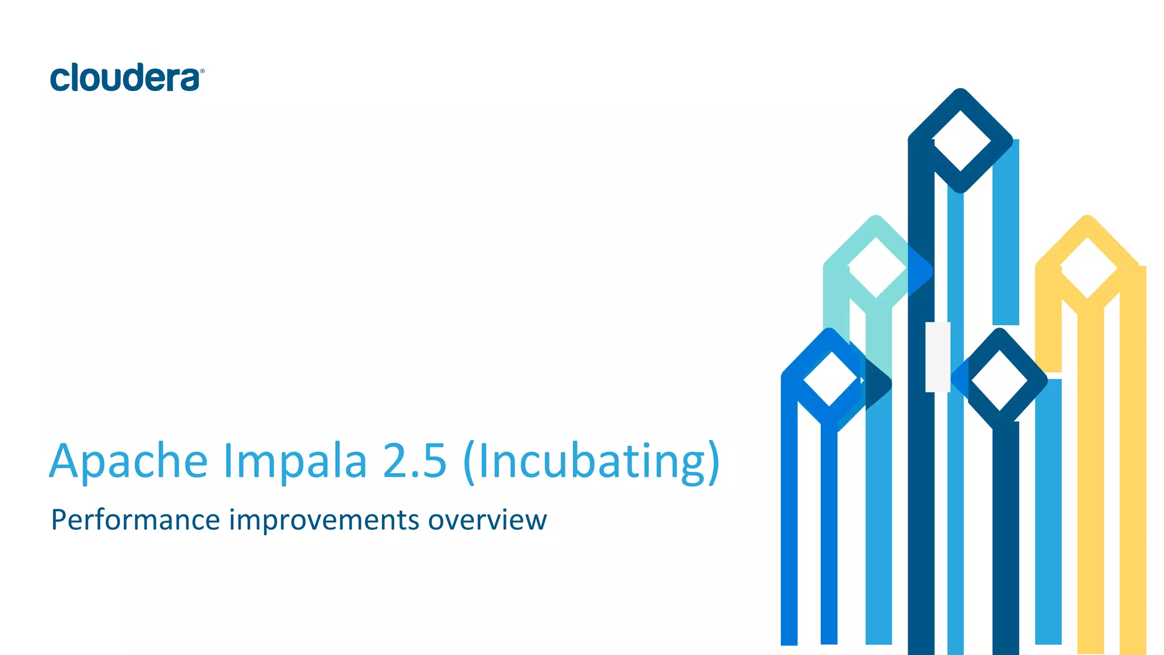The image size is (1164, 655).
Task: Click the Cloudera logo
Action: pyautogui.click(x=126, y=78)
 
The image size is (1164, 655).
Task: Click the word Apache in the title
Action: pyautogui.click(x=128, y=461)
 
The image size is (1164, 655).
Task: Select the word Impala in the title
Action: pyautogui.click(x=295, y=461)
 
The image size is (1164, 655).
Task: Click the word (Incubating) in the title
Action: pyautogui.click(x=592, y=462)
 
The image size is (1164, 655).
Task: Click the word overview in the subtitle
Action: pyautogui.click(x=487, y=520)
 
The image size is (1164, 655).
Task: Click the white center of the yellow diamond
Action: pyautogui.click(x=1087, y=268)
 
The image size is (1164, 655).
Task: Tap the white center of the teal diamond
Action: pyautogui.click(x=876, y=268)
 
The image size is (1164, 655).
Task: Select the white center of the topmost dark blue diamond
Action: pyautogui.click(x=961, y=140)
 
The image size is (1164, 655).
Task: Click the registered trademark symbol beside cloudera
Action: pyautogui.click(x=202, y=71)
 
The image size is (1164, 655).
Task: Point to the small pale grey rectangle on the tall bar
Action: pyautogui.click(x=937, y=357)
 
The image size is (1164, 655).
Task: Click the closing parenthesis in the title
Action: pyautogui.click(x=713, y=462)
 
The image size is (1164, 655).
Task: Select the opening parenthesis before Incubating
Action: pyautogui.click(x=469, y=462)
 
